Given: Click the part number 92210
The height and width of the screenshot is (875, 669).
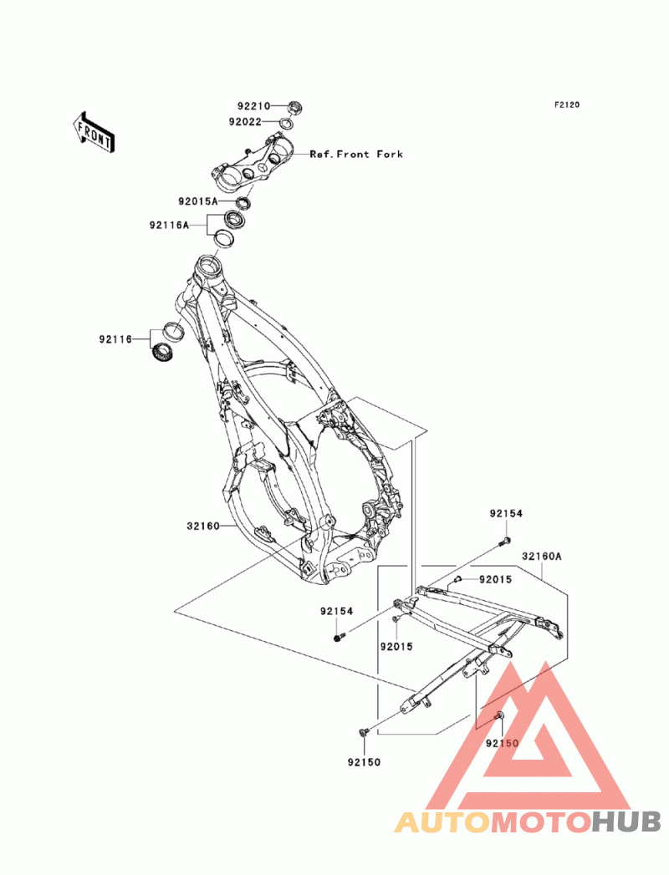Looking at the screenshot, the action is pyautogui.click(x=253, y=106).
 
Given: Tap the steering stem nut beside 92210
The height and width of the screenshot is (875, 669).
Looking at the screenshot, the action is pyautogui.click(x=294, y=106).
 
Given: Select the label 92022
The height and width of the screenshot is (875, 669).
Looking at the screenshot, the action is pyautogui.click(x=244, y=121).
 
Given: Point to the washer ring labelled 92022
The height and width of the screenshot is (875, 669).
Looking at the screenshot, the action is pyautogui.click(x=286, y=123).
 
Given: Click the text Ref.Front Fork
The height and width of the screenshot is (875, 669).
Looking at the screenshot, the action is pyautogui.click(x=356, y=154).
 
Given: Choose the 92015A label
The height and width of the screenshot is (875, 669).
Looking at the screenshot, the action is pyautogui.click(x=198, y=201).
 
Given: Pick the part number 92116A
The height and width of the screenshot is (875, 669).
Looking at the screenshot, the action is pyautogui.click(x=169, y=225).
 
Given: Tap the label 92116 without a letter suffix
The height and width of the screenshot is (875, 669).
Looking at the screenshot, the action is pyautogui.click(x=116, y=338).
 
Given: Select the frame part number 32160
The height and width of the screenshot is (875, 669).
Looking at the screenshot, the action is pyautogui.click(x=203, y=526).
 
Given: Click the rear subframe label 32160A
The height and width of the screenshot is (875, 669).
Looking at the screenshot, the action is pyautogui.click(x=542, y=557).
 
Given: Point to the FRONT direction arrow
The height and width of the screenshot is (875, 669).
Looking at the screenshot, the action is pyautogui.click(x=94, y=132).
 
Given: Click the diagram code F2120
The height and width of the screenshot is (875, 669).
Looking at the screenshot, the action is pyautogui.click(x=567, y=104).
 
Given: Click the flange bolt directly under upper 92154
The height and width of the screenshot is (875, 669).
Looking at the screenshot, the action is pyautogui.click(x=504, y=540).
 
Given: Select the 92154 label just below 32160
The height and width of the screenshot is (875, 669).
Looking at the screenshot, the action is pyautogui.click(x=337, y=611).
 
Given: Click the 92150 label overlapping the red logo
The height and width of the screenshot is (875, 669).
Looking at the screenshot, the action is pyautogui.click(x=502, y=743).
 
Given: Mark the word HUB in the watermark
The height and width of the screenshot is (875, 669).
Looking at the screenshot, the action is pyautogui.click(x=626, y=822).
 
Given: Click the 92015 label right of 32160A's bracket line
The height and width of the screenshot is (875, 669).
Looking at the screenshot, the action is pyautogui.click(x=495, y=579).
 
